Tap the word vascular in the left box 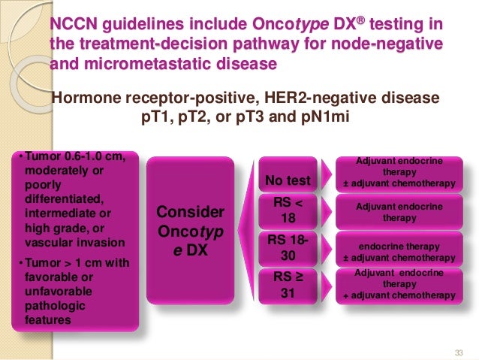click(x=47, y=243)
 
